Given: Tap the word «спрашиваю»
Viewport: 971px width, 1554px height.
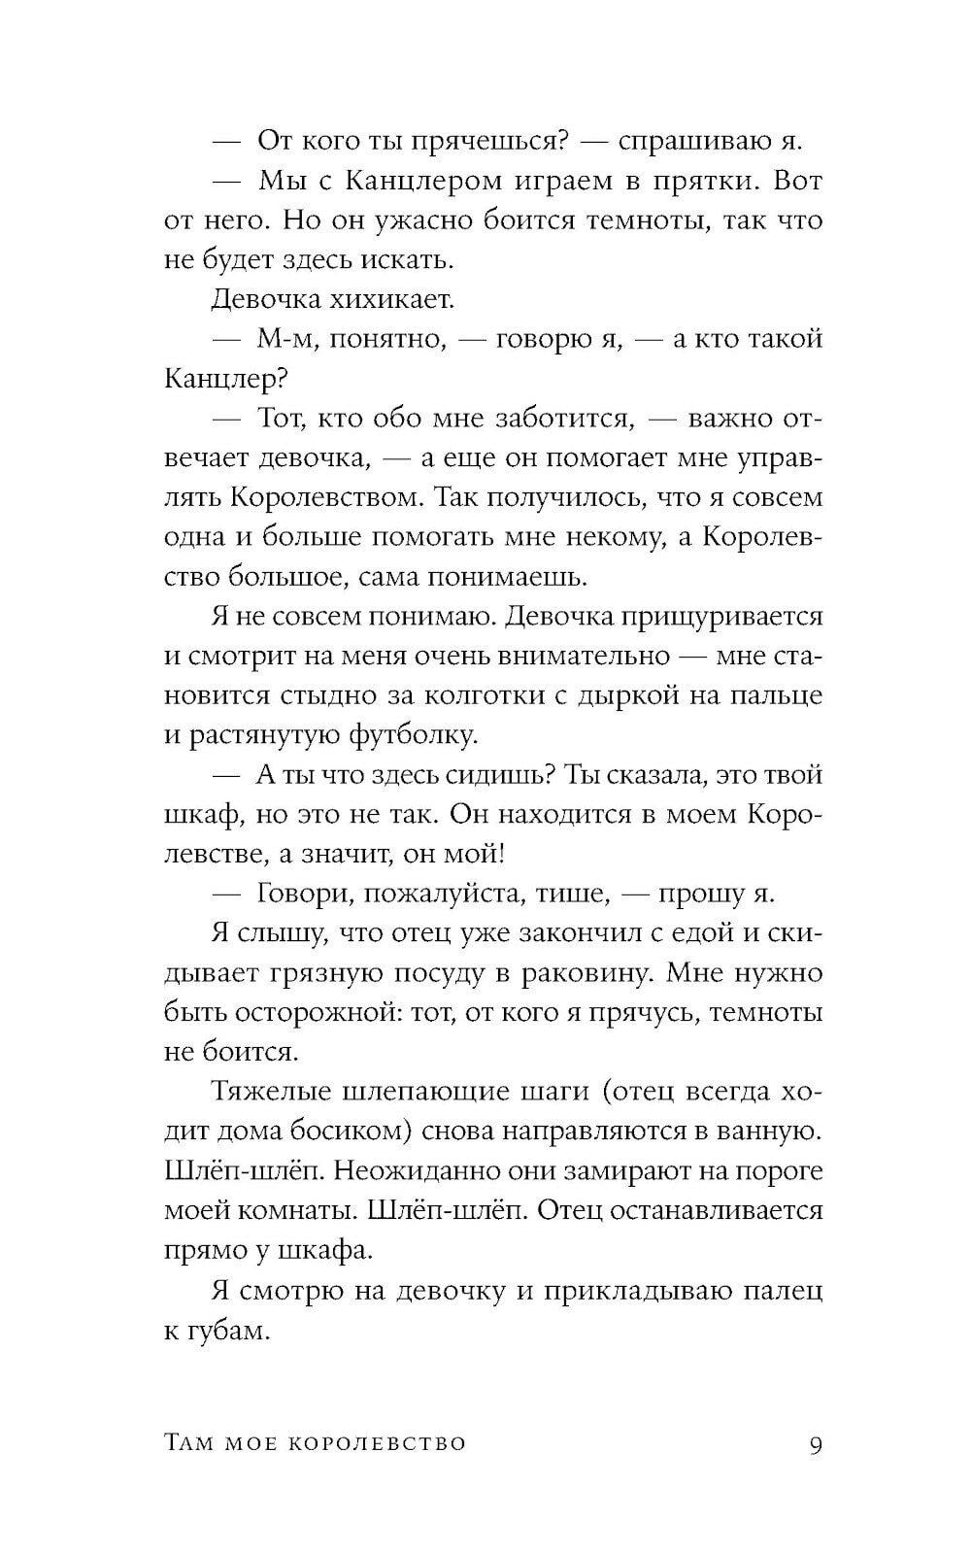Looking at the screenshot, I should tap(692, 142).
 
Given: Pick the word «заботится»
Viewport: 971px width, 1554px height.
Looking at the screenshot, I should tap(564, 419).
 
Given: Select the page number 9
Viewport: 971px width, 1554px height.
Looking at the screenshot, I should tap(816, 1444).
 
